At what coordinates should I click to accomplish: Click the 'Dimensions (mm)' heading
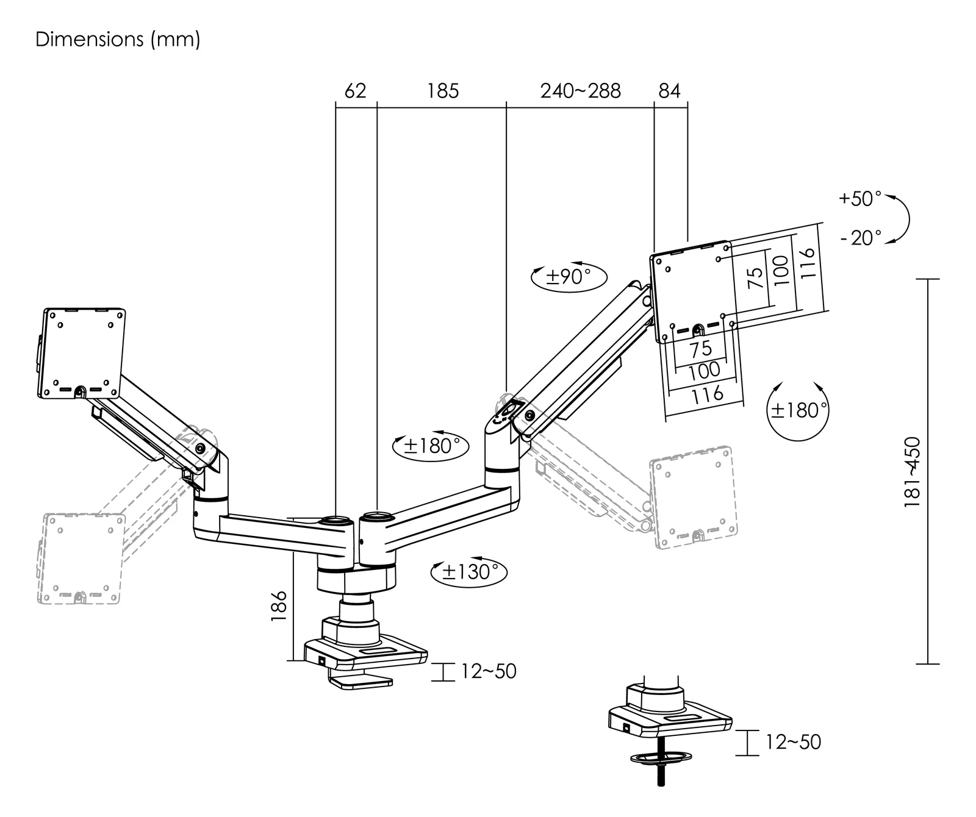click(x=118, y=40)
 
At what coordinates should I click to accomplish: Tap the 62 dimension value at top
click(x=355, y=91)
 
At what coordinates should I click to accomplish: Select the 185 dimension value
click(x=442, y=91)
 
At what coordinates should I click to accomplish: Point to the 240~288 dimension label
click(x=580, y=91)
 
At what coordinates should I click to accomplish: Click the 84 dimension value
click(x=669, y=91)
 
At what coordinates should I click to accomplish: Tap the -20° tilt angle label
click(x=861, y=237)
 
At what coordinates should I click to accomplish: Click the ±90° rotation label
click(x=569, y=277)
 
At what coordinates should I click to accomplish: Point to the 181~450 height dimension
click(x=912, y=472)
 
